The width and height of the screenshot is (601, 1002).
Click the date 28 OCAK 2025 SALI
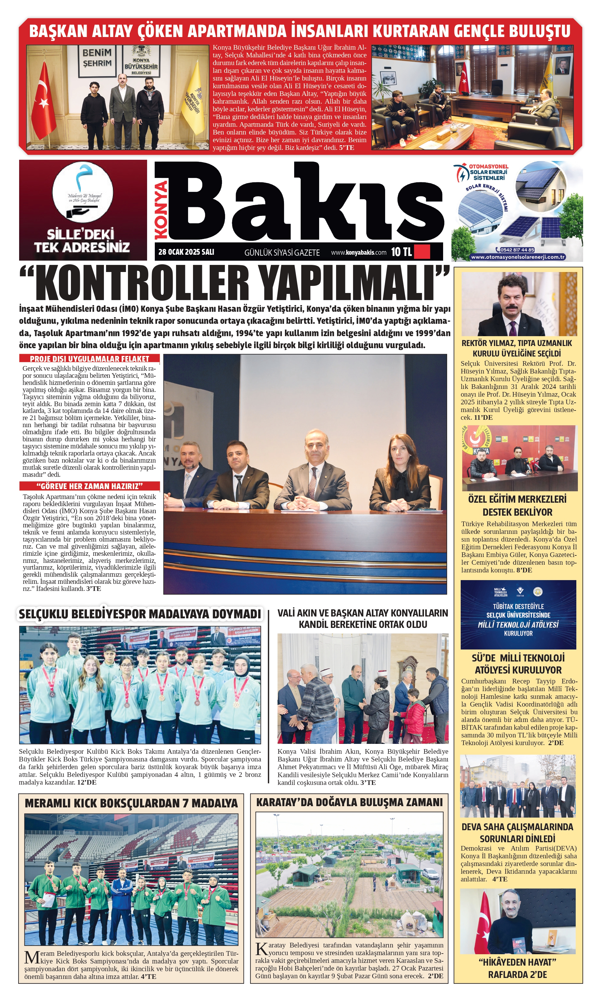(x=186, y=252)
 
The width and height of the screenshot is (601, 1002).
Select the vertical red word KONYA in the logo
(x=161, y=210)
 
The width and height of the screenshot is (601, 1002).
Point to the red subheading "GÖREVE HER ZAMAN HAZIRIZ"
(x=89, y=486)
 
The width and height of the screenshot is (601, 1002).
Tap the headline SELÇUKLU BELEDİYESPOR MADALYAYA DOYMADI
(x=140, y=614)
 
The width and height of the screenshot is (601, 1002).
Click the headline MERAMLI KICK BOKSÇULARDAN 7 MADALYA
(x=131, y=803)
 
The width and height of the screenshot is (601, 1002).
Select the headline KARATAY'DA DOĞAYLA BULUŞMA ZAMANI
(x=349, y=802)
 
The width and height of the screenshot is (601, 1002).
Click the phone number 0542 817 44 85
(x=517, y=250)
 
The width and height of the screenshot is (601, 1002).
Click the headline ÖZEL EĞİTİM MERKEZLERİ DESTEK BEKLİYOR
(x=517, y=505)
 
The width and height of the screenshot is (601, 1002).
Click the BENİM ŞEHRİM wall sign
(x=97, y=58)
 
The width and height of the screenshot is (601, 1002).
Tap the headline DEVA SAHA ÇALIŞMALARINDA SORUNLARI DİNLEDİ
(x=517, y=833)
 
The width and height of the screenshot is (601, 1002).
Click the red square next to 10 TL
(x=422, y=252)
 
